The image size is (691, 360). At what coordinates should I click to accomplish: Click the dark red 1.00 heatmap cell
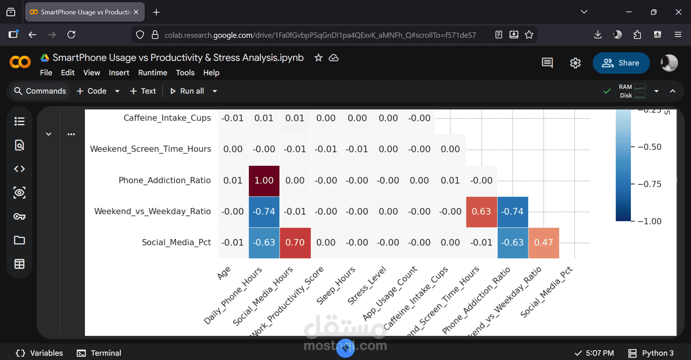click(x=264, y=181)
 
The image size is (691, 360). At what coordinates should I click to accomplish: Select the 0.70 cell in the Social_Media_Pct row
click(x=295, y=243)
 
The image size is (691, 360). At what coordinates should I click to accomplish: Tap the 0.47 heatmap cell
click(x=543, y=243)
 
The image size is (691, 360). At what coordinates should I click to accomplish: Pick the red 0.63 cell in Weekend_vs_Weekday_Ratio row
click(x=481, y=212)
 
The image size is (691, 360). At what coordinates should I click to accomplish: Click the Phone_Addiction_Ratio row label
click(x=164, y=180)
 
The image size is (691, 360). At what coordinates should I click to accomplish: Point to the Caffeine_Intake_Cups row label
click(x=167, y=118)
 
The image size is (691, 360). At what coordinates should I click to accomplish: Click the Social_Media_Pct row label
click(x=176, y=242)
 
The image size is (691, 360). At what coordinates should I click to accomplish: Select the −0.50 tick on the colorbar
click(x=649, y=147)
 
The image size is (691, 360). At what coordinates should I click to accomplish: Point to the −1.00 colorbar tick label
click(x=649, y=221)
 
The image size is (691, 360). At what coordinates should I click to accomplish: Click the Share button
click(x=621, y=63)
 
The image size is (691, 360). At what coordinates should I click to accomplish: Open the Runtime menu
click(x=153, y=73)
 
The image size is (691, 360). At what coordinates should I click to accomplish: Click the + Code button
click(x=92, y=91)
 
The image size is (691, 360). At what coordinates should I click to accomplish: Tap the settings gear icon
click(x=575, y=63)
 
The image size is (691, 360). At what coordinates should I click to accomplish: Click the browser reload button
click(x=71, y=35)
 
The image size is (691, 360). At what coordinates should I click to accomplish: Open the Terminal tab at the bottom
click(x=99, y=353)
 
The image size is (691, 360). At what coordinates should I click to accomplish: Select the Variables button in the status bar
click(x=40, y=353)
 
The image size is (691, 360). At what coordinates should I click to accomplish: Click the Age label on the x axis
click(x=224, y=273)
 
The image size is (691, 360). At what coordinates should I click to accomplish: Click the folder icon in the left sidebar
click(x=19, y=240)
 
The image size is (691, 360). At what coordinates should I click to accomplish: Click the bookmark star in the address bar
click(x=529, y=35)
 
